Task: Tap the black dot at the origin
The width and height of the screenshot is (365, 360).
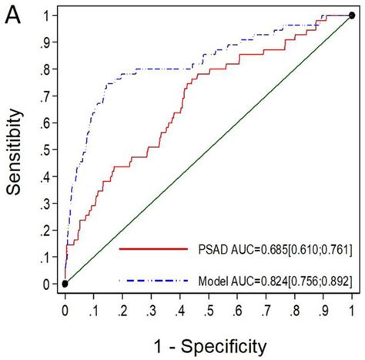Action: pos(65,284)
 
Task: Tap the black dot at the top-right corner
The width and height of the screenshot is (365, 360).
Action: pos(352,15)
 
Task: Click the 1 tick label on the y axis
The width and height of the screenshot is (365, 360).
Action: pos(49,15)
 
